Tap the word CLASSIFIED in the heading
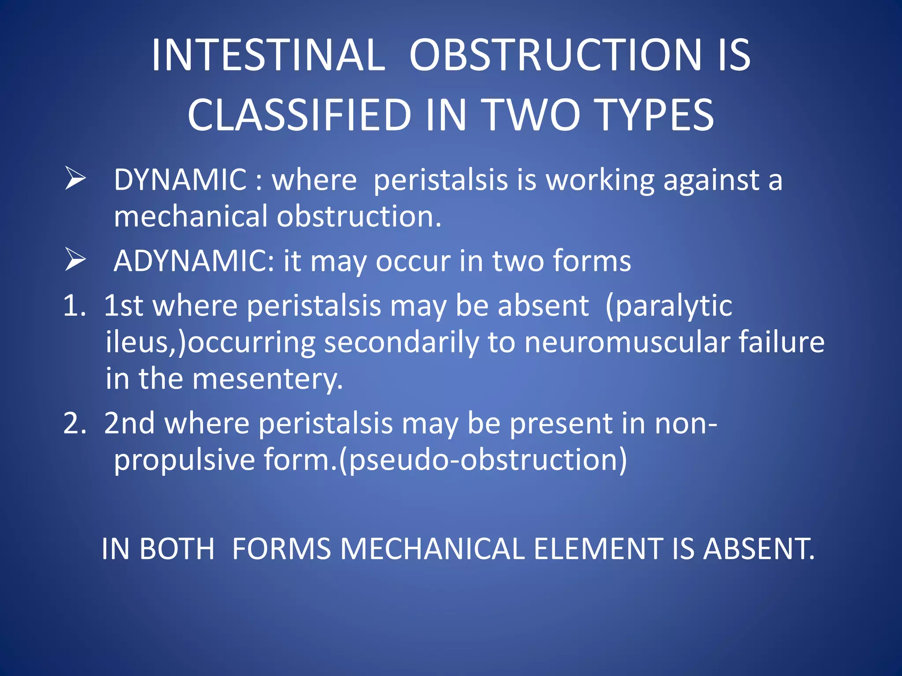click(x=299, y=115)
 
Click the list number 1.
click(x=74, y=305)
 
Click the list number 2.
click(x=74, y=423)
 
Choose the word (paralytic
click(x=669, y=306)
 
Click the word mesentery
click(x=267, y=379)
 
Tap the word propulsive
click(x=184, y=460)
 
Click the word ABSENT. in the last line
click(x=758, y=549)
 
